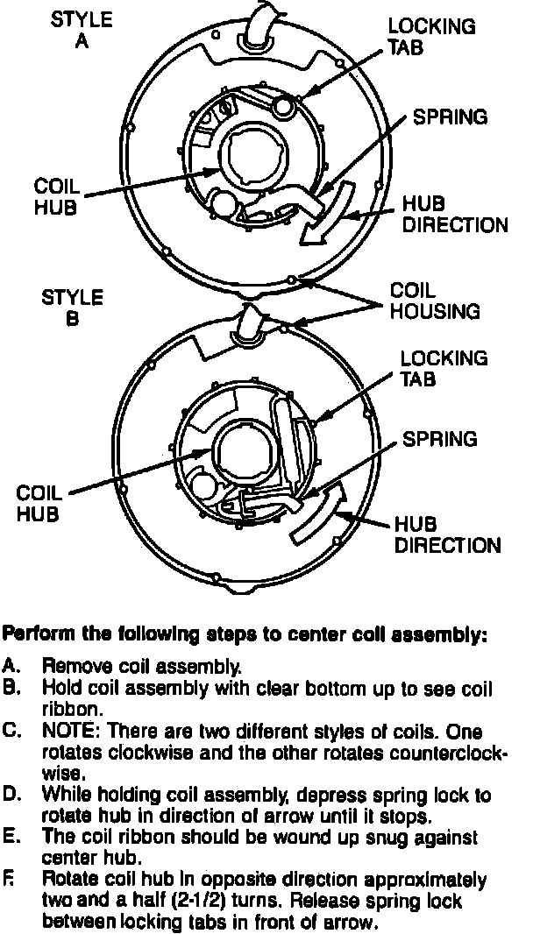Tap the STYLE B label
click(x=72, y=308)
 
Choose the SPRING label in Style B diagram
click(x=439, y=437)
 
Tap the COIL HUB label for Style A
click(x=56, y=196)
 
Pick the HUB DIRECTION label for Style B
click(x=447, y=534)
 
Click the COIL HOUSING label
click(x=435, y=300)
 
